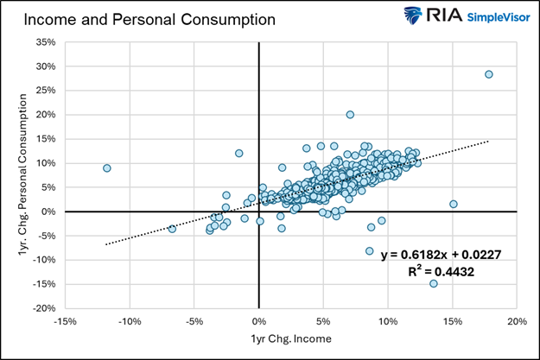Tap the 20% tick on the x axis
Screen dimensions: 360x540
(x=517, y=321)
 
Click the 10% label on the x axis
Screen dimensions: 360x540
(x=388, y=321)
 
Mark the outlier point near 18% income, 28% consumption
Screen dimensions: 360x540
(x=489, y=74)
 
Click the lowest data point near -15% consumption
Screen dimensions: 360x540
(x=433, y=283)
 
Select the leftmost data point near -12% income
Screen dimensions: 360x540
(x=107, y=168)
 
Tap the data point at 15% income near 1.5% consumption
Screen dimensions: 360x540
(x=454, y=204)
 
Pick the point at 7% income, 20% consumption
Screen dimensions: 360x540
(x=350, y=114)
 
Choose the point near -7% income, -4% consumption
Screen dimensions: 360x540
(x=172, y=229)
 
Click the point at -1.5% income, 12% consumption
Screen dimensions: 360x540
(x=239, y=153)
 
